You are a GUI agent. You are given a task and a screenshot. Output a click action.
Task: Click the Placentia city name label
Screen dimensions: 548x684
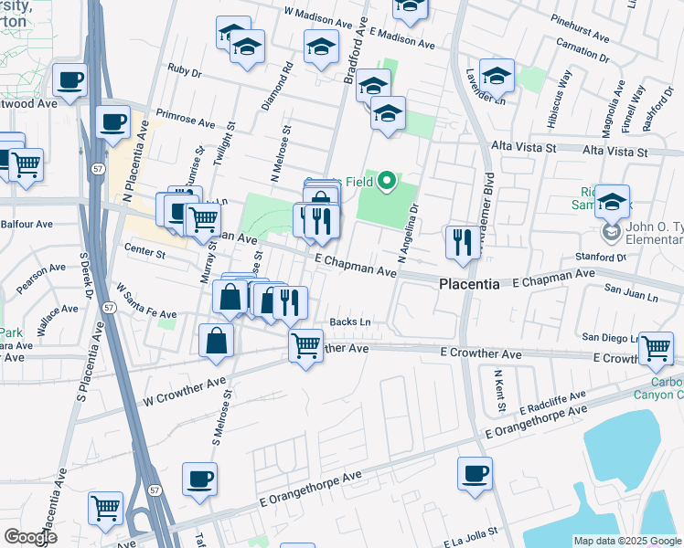tap(469, 284)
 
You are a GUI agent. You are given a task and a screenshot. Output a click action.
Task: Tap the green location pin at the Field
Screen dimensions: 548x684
tap(387, 181)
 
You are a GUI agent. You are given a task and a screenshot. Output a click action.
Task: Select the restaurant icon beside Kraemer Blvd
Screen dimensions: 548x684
tap(461, 243)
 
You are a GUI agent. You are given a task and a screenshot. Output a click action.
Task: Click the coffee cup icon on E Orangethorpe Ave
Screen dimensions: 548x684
tap(475, 474)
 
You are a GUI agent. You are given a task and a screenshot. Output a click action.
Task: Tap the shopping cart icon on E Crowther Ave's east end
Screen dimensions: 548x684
tap(656, 348)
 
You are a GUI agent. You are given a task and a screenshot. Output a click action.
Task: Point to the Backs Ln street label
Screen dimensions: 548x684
tap(349, 321)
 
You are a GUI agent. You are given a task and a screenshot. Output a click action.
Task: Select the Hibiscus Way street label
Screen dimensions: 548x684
tap(564, 92)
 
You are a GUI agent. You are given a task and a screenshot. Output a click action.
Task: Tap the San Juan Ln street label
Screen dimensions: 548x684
tap(632, 297)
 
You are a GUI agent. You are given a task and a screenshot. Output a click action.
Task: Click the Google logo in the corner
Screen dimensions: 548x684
tap(30, 537)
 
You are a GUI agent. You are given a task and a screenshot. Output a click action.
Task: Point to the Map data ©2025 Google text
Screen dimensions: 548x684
tap(626, 540)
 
